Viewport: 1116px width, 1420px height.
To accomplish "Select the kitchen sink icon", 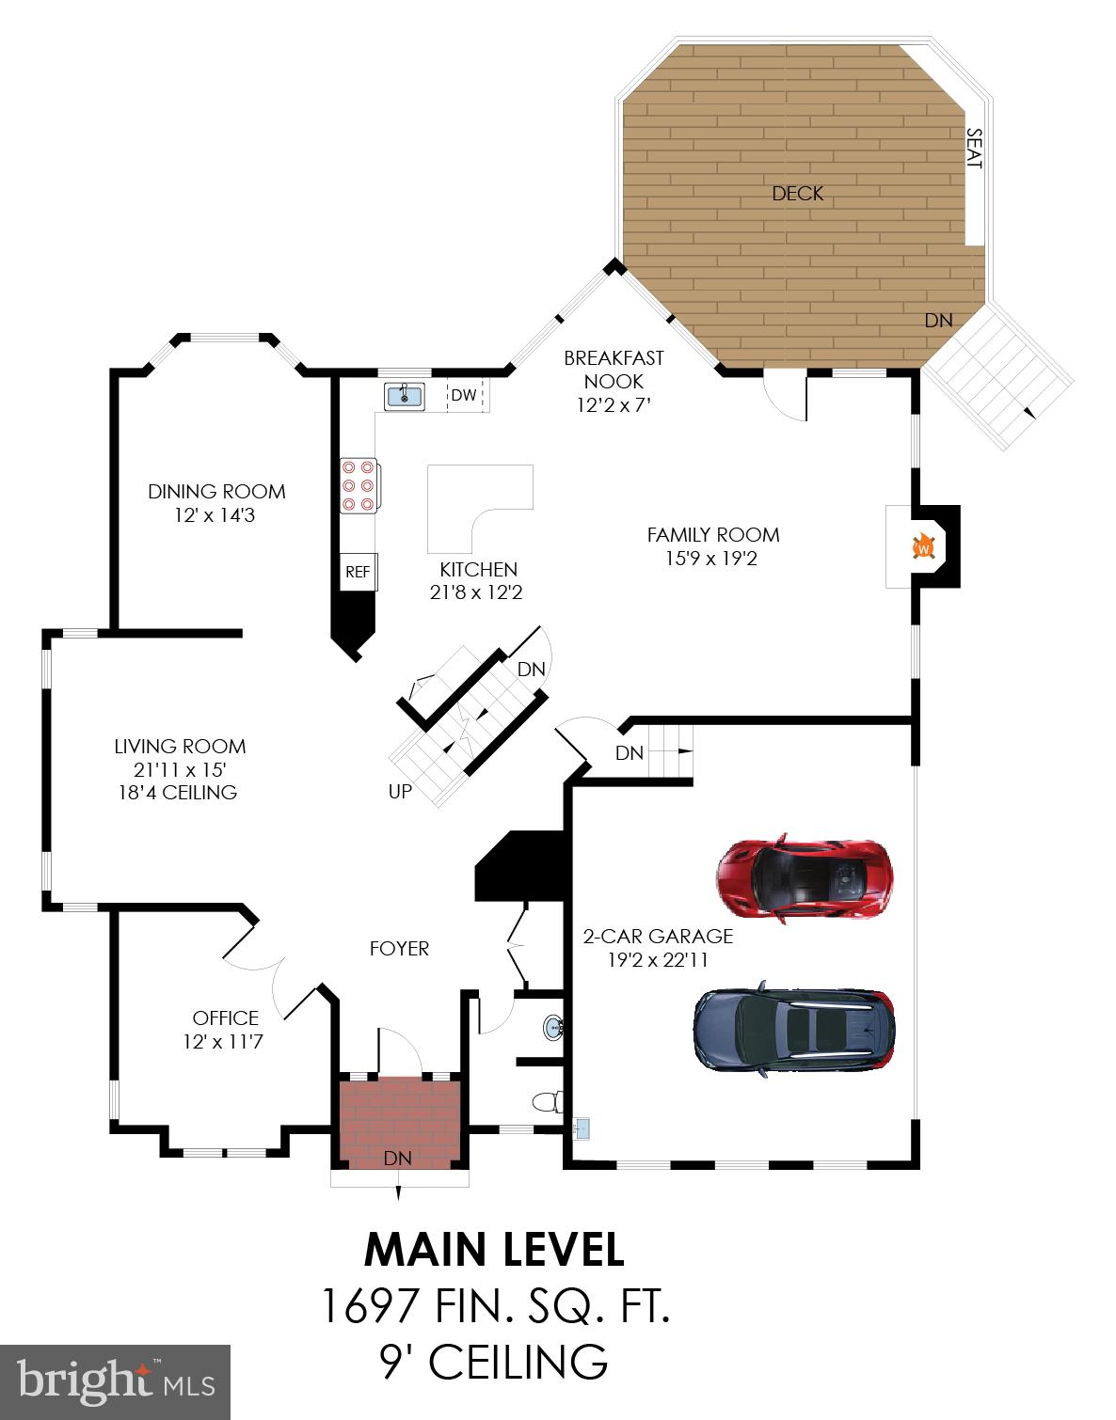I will (405, 395).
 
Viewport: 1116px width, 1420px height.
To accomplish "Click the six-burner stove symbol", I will (359, 485).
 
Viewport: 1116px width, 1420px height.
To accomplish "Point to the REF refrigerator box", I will (358, 572).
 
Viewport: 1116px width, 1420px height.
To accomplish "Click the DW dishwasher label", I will (463, 395).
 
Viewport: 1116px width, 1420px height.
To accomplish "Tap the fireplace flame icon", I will (923, 546).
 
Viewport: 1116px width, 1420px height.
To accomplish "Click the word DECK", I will (797, 194).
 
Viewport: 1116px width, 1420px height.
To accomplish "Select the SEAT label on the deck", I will (974, 149).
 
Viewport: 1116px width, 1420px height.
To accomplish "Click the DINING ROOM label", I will (216, 491).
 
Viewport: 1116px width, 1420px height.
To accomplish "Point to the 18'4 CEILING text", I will (176, 792).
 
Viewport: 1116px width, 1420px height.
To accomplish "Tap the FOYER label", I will (399, 948).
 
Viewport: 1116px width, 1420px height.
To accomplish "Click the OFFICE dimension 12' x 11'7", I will (225, 1042).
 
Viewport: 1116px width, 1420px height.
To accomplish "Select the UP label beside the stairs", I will (400, 792).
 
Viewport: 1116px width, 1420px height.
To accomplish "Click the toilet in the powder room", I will (545, 1101).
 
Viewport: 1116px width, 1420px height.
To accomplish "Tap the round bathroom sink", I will (552, 1027).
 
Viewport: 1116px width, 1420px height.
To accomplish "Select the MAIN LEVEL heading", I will (494, 1250).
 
